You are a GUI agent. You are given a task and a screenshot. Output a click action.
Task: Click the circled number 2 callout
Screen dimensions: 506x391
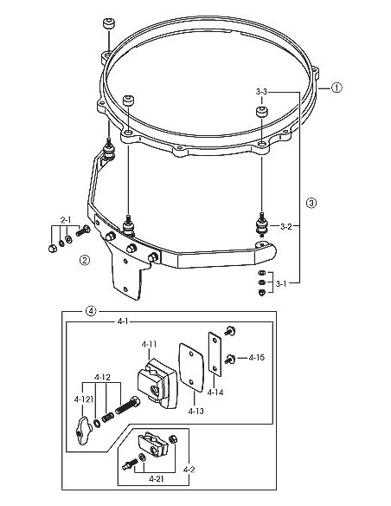coord(84,259)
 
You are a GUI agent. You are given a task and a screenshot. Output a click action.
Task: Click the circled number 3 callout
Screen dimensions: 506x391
coord(311,202)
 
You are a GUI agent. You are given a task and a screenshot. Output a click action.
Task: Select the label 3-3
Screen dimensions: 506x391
coord(266,91)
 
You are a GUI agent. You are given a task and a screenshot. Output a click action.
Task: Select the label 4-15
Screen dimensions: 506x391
coord(257,357)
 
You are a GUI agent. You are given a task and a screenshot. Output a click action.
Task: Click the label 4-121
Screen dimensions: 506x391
coord(84,399)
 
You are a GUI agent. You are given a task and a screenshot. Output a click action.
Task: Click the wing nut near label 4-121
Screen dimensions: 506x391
coord(83,427)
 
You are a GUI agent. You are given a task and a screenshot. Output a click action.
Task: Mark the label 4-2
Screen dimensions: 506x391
coord(189,469)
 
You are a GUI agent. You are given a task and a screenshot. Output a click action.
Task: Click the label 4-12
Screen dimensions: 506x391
coord(101,377)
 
